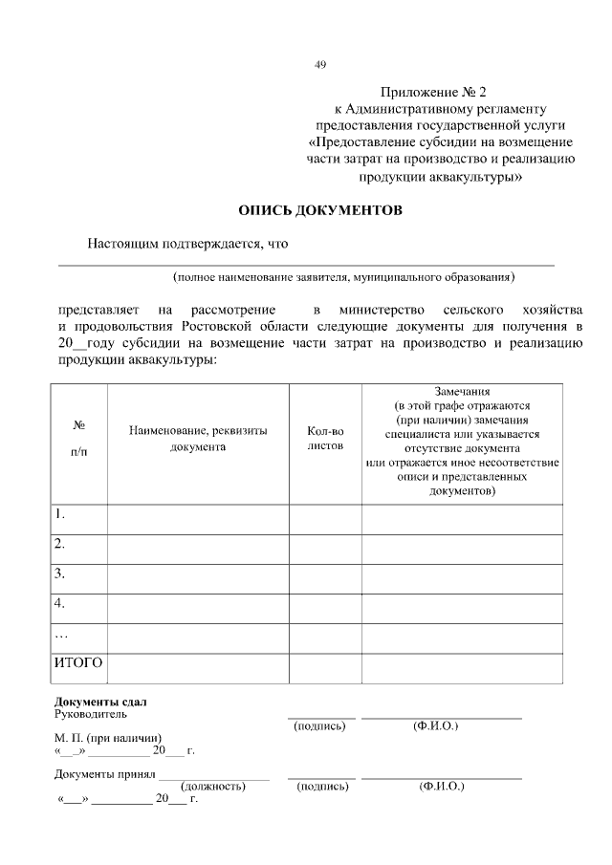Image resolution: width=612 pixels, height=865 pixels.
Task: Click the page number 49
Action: coord(321,65)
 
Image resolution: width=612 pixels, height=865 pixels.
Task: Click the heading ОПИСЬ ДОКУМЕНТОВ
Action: coord(319,210)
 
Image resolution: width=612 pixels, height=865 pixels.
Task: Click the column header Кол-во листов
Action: coord(325,439)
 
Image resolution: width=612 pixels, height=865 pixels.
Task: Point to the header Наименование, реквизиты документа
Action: coord(198,439)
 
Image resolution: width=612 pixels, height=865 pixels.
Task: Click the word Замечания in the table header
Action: coord(462,392)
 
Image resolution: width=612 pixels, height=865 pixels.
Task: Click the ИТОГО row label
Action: coord(78,661)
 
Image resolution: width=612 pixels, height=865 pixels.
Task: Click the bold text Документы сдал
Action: coord(100,702)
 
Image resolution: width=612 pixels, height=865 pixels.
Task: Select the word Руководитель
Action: coord(90,714)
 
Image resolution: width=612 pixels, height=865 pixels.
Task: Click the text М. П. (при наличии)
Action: coord(107,738)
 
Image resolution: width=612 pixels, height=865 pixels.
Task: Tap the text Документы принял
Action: coord(105,774)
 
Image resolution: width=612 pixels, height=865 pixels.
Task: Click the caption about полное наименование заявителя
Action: coord(344,277)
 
